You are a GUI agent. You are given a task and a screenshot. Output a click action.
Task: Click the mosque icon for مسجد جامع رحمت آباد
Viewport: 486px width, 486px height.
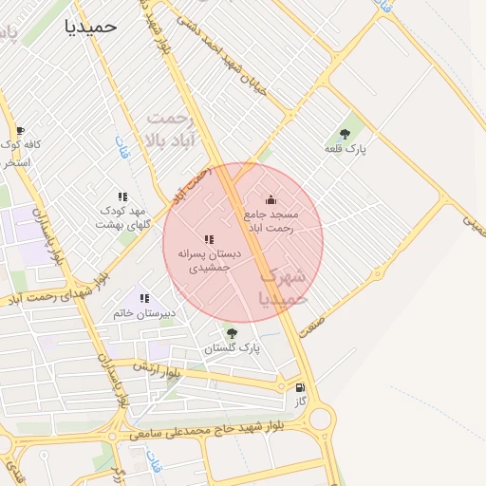(x=271, y=199)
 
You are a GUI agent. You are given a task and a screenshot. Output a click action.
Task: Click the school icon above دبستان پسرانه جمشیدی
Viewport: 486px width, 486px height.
(x=209, y=239)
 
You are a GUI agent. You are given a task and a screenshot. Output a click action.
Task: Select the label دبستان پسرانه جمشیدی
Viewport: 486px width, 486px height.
(x=210, y=261)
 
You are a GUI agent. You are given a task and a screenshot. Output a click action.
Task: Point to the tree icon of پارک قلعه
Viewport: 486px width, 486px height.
(x=344, y=134)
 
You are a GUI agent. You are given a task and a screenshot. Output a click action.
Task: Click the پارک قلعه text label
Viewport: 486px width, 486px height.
(x=345, y=149)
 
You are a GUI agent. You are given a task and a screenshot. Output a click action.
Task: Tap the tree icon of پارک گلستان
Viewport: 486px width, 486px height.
(x=232, y=332)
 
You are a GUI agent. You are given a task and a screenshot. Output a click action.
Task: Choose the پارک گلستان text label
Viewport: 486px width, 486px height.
(x=232, y=348)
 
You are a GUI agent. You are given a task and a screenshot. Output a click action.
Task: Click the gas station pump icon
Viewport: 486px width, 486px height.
(x=301, y=387)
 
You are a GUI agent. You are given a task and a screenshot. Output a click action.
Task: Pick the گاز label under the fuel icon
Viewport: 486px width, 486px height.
(x=301, y=402)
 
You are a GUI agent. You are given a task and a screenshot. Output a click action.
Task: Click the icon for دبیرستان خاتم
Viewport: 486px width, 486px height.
(x=144, y=298)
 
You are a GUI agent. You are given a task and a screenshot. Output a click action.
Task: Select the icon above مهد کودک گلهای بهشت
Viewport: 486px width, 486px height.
(x=122, y=196)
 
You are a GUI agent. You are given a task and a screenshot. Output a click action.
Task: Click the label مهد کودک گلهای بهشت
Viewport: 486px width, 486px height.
(x=122, y=217)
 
